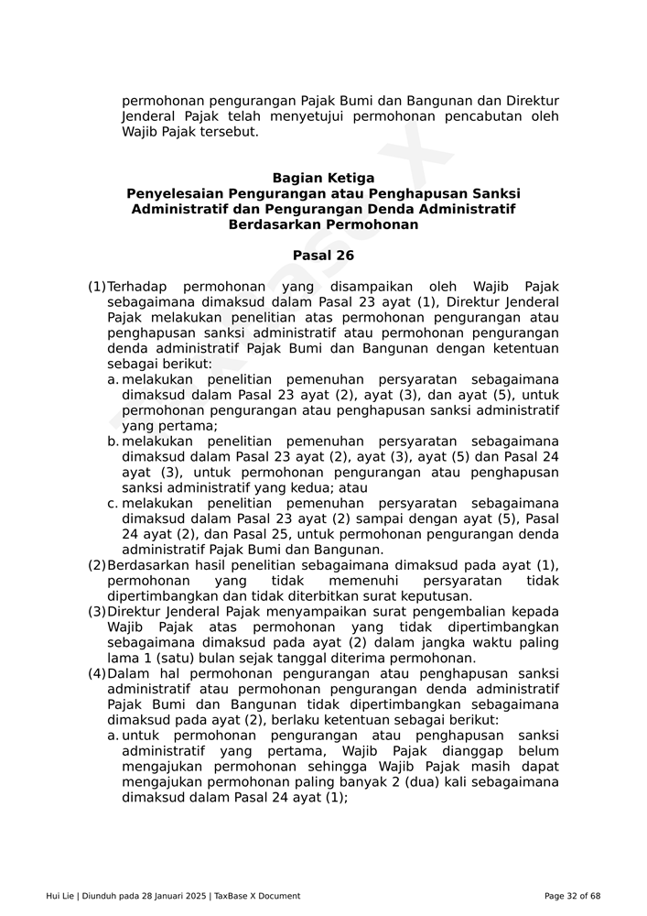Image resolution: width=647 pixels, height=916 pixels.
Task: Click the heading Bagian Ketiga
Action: pyautogui.click(x=323, y=178)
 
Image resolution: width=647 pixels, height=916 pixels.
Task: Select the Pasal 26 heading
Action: pyautogui.click(x=323, y=256)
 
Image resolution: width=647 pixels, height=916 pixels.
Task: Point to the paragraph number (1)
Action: pyautogui.click(x=97, y=287)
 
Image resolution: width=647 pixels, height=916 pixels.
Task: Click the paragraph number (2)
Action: pyautogui.click(x=97, y=565)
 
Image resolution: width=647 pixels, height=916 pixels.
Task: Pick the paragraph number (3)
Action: pyautogui.click(x=97, y=612)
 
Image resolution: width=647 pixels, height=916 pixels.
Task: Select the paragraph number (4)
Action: pyautogui.click(x=97, y=674)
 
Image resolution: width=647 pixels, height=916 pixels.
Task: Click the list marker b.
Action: pyautogui.click(x=113, y=442)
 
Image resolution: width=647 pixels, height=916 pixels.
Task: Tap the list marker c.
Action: pyautogui.click(x=113, y=504)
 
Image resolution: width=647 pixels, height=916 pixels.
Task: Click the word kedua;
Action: pyautogui.click(x=325, y=488)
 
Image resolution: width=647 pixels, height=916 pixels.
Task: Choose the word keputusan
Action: pyautogui.click(x=438, y=596)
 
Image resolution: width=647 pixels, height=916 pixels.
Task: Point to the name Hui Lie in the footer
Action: pyautogui.click(x=60, y=896)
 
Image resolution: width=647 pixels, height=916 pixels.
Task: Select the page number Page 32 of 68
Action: pyautogui.click(x=572, y=896)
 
